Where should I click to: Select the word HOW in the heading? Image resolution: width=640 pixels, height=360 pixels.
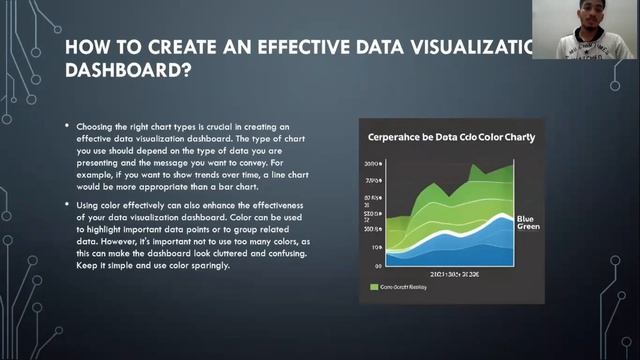tap(86, 47)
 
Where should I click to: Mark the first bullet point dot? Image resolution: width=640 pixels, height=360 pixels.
tap(67, 127)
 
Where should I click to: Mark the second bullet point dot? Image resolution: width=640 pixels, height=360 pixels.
tap(67, 205)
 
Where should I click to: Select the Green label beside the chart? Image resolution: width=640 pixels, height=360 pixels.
tap(528, 227)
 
